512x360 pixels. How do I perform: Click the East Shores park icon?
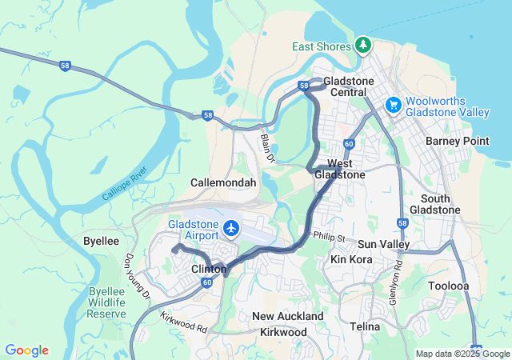pos(363,43)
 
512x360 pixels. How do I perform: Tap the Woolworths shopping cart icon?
pos(393,105)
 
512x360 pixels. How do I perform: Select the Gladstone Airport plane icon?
pos(232,229)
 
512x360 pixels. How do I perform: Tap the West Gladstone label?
pos(340,169)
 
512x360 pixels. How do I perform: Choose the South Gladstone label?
pos(434,204)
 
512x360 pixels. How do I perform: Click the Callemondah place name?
pos(223,182)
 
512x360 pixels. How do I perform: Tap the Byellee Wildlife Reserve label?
pos(107,302)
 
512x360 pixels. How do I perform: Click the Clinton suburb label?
pos(210,270)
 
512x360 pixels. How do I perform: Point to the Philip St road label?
pos(328,238)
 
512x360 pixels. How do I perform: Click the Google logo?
pos(26,350)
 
